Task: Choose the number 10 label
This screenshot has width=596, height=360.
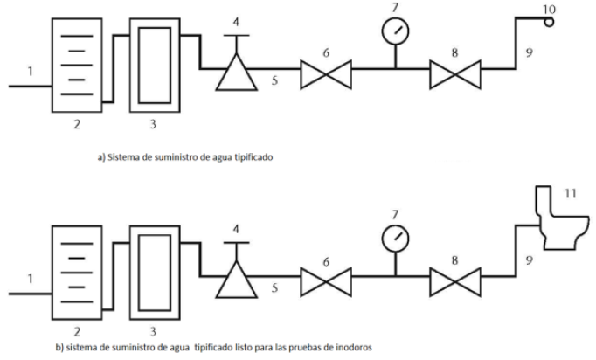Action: [x=549, y=9]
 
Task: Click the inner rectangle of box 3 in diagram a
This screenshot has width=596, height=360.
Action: [x=139, y=66]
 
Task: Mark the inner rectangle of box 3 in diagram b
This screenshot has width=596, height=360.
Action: [x=139, y=273]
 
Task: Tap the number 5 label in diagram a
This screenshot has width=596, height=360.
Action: [x=274, y=80]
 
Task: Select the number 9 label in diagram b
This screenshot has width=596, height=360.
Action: [x=529, y=260]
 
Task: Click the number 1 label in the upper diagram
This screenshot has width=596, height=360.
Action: [x=31, y=71]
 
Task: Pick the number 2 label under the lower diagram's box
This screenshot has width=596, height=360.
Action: [x=77, y=332]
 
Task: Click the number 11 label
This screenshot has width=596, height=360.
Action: [x=570, y=193]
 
